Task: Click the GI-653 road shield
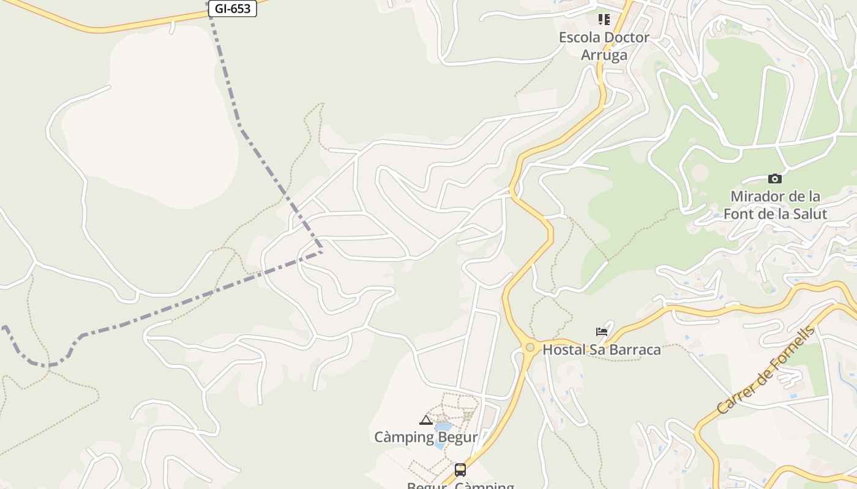click(232, 9)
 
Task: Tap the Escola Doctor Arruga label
click(604, 46)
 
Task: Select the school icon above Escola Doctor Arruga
click(604, 20)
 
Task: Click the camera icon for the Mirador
click(775, 178)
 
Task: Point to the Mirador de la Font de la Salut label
click(775, 205)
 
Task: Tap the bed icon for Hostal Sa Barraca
click(602, 332)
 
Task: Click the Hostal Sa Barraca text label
click(602, 350)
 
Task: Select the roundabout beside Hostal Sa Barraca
click(530, 347)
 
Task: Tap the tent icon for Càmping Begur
click(426, 420)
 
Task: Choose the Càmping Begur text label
click(426, 437)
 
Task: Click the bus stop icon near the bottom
click(460, 469)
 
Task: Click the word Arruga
click(604, 55)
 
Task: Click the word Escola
click(579, 37)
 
